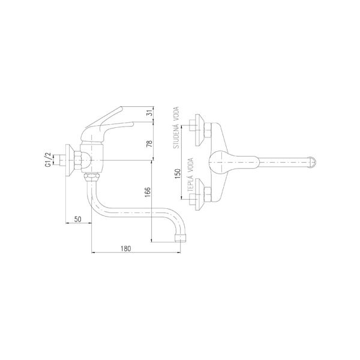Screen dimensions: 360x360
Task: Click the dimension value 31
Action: [x=149, y=113]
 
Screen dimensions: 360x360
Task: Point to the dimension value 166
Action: [x=148, y=192]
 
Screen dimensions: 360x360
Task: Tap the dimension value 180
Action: [x=125, y=248]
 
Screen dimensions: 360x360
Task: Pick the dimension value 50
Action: [x=78, y=219]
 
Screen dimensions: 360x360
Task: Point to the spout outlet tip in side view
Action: [x=180, y=238]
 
